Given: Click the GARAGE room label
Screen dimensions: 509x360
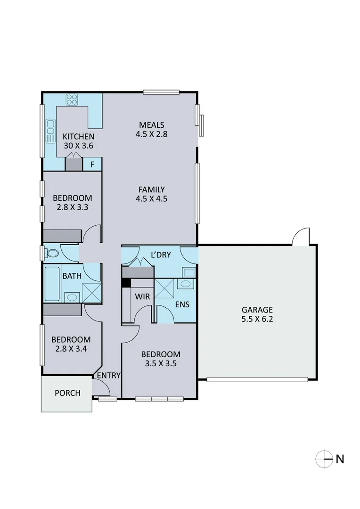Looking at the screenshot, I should tap(257, 310).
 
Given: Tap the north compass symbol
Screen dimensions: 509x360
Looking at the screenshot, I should tap(324, 458).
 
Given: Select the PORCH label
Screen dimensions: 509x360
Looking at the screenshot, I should tap(67, 393).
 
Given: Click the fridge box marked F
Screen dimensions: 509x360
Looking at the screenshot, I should tap(92, 164).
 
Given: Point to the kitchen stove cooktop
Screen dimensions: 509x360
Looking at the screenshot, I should tap(72, 99).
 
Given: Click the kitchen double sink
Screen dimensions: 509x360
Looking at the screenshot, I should tap(50, 131).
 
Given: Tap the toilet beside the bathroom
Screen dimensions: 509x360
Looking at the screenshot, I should tap(52, 253).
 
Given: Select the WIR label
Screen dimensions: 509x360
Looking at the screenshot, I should tap(142, 297).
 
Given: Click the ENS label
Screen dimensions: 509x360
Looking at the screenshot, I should tap(182, 304).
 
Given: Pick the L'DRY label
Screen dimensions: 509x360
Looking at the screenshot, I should tap(161, 255).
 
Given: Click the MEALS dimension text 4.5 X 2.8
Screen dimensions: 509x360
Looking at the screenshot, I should tap(151, 134).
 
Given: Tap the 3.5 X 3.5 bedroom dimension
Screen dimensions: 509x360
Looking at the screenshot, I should tap(161, 363).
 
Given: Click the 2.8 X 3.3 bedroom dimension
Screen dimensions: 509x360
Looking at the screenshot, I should tap(72, 207).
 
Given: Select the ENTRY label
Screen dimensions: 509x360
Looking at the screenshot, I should tap(109, 376).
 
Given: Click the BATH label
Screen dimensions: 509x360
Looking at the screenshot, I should tap(72, 276).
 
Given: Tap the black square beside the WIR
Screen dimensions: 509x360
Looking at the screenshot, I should tap(126, 283).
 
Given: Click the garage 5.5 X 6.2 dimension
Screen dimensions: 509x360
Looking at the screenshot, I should tap(257, 319).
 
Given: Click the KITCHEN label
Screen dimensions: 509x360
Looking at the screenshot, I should tap(79, 137).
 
